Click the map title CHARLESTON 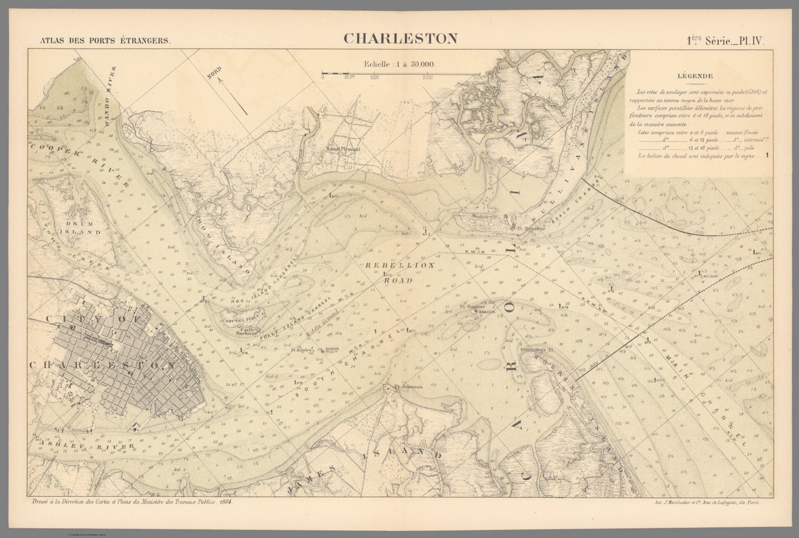pos(400,39)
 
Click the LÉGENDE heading pos(695,75)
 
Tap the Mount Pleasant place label pos(343,148)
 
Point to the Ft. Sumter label pos(472,306)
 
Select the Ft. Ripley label pos(301,350)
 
